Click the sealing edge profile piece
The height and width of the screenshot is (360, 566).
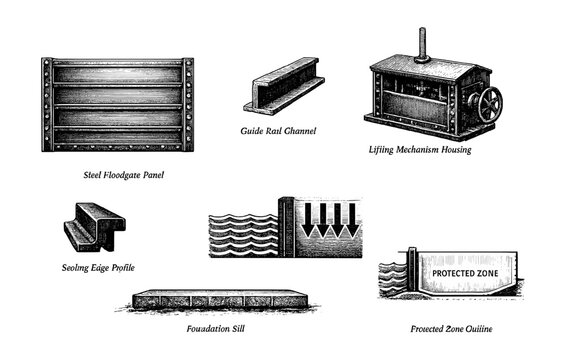(x=92, y=226)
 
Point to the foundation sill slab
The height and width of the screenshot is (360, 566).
(x=220, y=300)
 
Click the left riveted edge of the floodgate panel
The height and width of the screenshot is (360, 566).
(x=47, y=104)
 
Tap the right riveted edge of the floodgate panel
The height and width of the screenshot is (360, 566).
(x=187, y=104)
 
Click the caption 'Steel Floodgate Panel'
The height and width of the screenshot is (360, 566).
(x=124, y=175)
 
